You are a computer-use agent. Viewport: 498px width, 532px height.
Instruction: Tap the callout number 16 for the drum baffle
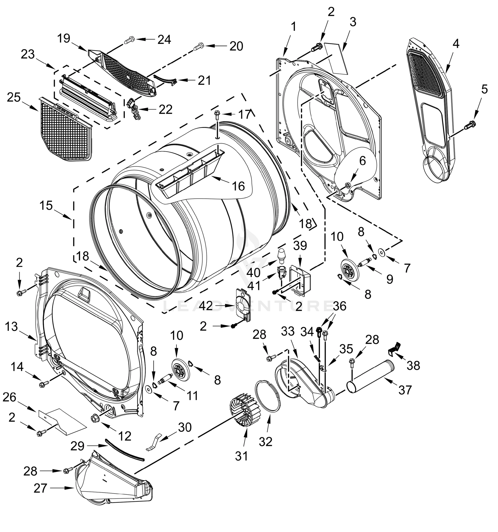coord(238,186)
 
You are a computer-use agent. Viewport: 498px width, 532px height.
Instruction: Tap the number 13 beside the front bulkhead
coord(11,327)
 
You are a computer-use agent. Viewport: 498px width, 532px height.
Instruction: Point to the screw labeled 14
coord(43,384)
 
